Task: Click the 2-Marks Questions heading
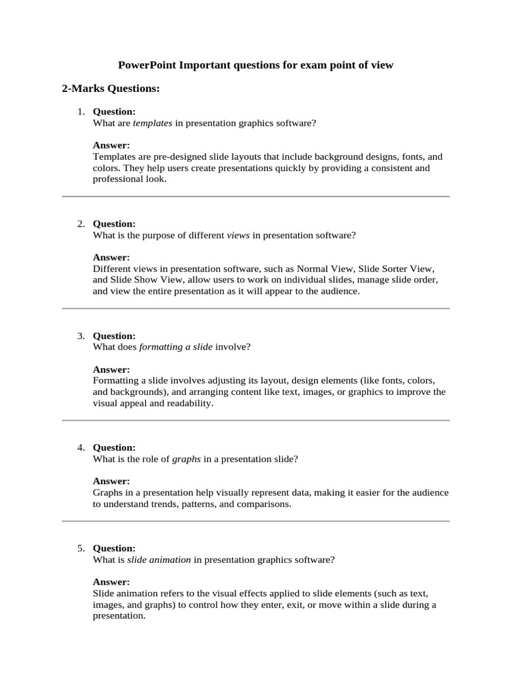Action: click(111, 88)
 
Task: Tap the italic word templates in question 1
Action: click(153, 123)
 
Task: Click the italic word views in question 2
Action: click(239, 235)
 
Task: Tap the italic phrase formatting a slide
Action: click(175, 347)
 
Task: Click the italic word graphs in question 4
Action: click(187, 459)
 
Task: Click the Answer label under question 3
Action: click(111, 369)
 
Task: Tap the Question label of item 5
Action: click(114, 548)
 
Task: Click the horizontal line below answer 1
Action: click(256, 196)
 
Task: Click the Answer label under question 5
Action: click(111, 581)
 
